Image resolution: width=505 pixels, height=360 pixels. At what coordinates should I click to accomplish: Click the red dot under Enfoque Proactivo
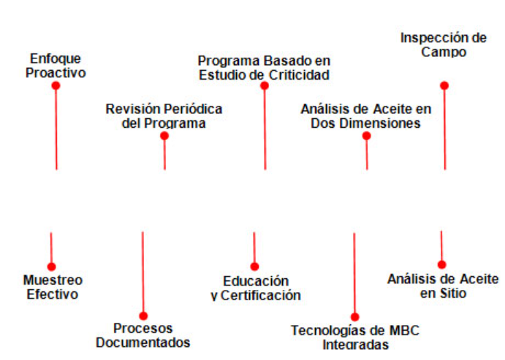coord(56,85)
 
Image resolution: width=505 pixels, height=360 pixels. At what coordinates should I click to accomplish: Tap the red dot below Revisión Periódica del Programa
coord(164,136)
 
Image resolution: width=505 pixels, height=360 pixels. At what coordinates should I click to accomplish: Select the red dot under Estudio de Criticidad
coord(265,85)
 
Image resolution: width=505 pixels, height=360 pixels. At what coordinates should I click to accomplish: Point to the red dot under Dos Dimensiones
coord(366,136)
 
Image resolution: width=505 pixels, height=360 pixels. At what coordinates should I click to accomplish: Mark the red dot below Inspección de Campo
coord(444,85)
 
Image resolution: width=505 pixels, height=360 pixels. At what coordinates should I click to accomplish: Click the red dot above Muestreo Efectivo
coord(52,267)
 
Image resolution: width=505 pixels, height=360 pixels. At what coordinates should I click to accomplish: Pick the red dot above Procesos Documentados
coord(143,316)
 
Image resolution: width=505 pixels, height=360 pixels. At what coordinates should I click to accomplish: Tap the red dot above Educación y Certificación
coord(254,267)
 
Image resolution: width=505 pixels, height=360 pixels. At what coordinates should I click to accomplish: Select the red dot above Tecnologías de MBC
coord(354,317)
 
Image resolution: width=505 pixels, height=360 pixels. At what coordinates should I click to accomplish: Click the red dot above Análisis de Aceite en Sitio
coord(442,265)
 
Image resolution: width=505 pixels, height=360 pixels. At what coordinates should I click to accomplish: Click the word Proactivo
coord(56,73)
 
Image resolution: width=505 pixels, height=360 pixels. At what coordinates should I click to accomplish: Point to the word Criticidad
coord(299,75)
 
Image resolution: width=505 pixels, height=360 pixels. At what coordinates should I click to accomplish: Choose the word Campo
coord(444,53)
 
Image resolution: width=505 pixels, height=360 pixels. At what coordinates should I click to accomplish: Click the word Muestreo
coord(53,280)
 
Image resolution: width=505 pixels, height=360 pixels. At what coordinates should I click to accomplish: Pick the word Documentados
coord(143,342)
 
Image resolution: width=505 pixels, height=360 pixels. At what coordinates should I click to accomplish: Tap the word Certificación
coord(261,296)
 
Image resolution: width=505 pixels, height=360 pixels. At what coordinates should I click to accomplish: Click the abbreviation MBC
coord(404,331)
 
